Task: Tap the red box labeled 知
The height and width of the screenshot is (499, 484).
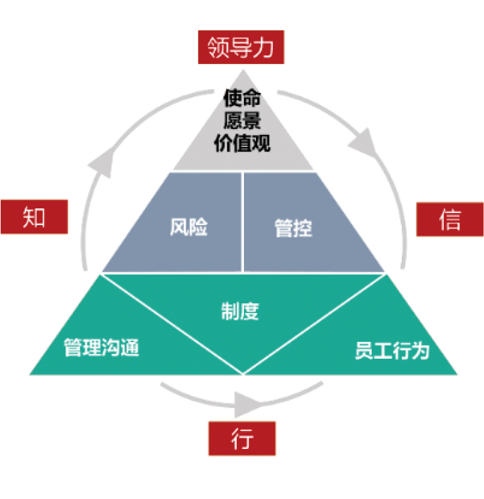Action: (34, 216)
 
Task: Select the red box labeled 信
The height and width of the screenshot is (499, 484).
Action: (450, 218)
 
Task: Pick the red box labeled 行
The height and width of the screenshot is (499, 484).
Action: (243, 438)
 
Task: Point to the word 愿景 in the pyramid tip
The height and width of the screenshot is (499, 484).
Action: (242, 121)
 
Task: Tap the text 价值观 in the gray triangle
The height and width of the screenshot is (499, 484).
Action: (242, 142)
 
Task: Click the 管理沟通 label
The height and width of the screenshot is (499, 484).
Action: (102, 347)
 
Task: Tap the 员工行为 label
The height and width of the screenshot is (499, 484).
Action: (391, 351)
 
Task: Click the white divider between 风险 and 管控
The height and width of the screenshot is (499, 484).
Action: (242, 222)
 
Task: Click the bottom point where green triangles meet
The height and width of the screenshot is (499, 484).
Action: (243, 373)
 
